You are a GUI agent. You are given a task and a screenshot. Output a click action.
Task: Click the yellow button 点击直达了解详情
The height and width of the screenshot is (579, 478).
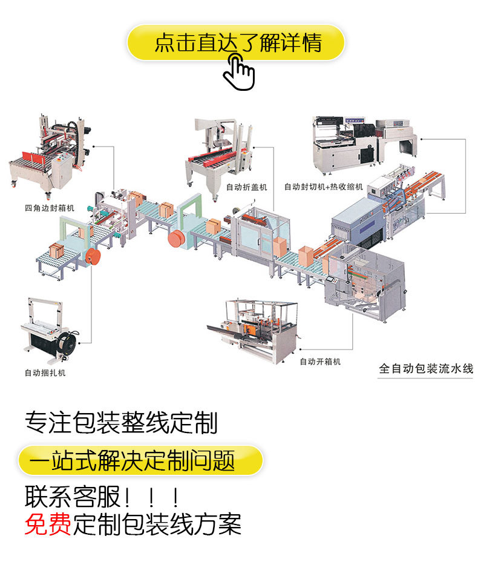(236, 43)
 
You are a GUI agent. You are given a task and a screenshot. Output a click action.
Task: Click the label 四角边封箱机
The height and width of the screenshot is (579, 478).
(50, 208)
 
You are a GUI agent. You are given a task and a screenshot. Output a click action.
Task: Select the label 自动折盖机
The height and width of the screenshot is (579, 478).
(246, 187)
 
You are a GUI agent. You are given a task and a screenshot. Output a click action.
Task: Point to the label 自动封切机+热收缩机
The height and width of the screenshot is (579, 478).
(324, 187)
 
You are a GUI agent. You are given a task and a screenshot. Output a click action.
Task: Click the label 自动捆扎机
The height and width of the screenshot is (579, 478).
(45, 372)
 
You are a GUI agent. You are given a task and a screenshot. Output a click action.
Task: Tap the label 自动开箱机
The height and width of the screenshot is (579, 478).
(320, 362)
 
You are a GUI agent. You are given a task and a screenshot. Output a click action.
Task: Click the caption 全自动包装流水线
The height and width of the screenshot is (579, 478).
(425, 368)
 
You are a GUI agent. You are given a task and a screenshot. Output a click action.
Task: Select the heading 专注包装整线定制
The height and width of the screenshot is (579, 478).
(121, 423)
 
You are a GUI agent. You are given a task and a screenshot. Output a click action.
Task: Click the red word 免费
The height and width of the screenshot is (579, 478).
(48, 523)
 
